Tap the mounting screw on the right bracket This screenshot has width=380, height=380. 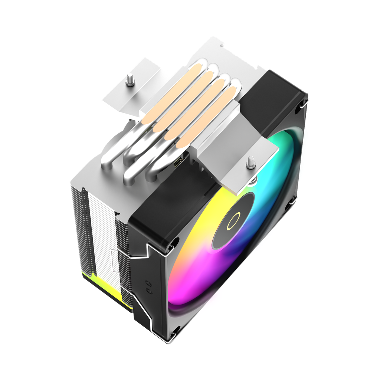pyautogui.click(x=251, y=162)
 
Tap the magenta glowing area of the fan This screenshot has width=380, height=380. pyautogui.click(x=208, y=282)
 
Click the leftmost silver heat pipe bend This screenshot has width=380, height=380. pyautogui.click(x=111, y=156)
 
